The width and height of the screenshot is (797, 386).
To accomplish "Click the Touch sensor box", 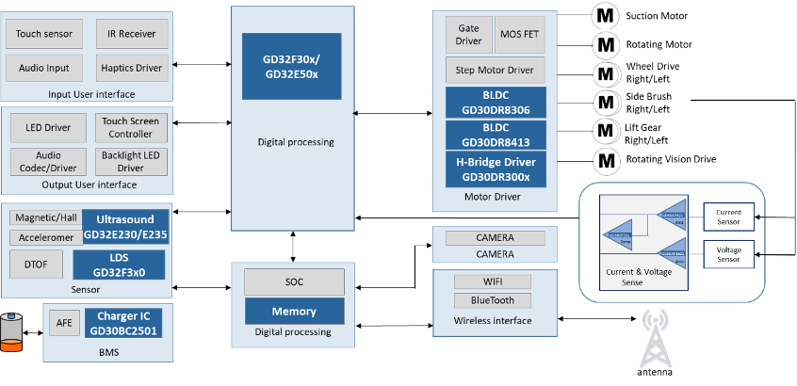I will tap(43, 34).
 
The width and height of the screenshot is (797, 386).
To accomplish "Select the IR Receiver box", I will tap(132, 34).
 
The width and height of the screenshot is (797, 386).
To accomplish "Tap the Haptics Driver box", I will tap(132, 68).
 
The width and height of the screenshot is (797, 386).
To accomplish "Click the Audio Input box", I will tap(43, 68).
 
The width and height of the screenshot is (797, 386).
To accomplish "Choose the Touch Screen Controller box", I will tap(132, 128).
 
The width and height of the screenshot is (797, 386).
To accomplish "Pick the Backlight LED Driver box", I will tap(131, 161).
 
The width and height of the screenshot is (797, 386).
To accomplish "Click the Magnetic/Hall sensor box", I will tap(43, 217).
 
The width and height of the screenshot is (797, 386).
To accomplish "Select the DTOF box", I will tap(31, 264).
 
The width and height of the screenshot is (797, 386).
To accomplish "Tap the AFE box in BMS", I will tap(64, 323).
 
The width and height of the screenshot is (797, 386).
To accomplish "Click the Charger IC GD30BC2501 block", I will tap(124, 323).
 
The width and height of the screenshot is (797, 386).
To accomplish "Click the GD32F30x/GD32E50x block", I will tap(290, 66).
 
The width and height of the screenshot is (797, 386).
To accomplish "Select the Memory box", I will tap(294, 311).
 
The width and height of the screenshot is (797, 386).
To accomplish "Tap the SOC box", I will tap(294, 281).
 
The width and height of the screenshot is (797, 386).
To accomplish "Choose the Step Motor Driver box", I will tap(495, 70).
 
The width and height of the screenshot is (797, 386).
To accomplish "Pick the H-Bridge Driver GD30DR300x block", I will tap(495, 169).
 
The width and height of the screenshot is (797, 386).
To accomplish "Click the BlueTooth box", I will tap(493, 300).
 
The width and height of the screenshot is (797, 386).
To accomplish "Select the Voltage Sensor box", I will tap(729, 253).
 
